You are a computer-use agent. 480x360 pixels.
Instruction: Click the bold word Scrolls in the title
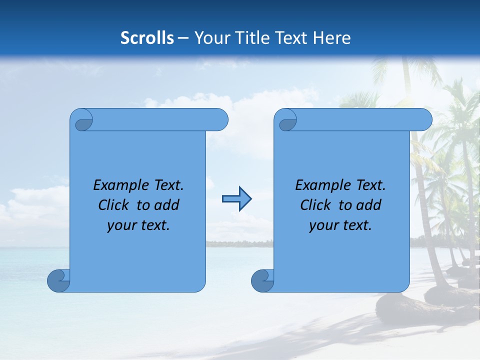point(147,38)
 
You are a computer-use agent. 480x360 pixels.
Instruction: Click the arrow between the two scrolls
point(236,199)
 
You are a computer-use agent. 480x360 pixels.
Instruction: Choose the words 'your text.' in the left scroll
point(138,225)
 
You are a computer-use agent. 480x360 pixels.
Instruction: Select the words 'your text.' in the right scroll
point(340,225)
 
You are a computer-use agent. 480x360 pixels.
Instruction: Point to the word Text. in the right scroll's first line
point(370,185)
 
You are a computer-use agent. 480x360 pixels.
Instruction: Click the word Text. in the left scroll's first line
point(168,185)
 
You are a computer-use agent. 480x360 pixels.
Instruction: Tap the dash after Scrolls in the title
point(183,38)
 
